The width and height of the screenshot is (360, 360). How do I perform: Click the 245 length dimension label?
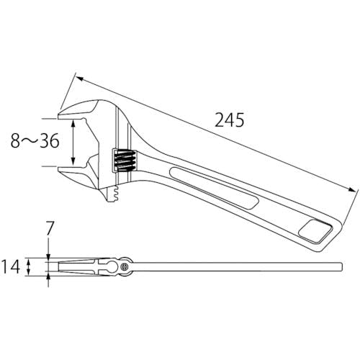[229, 120]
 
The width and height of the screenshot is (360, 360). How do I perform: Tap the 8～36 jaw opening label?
[35, 140]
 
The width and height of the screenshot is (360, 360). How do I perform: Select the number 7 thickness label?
[49, 228]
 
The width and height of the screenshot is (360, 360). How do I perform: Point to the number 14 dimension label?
[11, 266]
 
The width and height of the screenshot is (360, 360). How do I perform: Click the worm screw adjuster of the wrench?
[125, 161]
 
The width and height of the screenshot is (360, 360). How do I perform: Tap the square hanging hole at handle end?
[315, 230]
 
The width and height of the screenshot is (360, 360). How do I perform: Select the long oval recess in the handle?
[214, 188]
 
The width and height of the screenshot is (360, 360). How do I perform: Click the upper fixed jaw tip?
[58, 115]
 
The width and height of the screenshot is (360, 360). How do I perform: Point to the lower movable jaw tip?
[58, 169]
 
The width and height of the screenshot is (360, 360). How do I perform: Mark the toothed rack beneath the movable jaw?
[114, 194]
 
